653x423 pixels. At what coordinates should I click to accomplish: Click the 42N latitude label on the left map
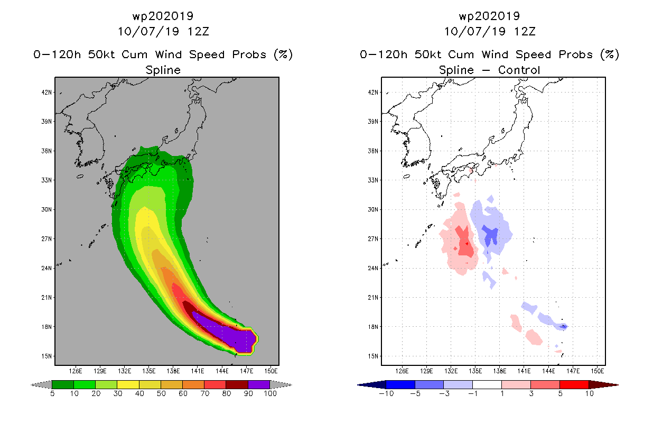click(x=46, y=93)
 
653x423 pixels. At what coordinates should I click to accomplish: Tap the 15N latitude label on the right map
click(x=373, y=356)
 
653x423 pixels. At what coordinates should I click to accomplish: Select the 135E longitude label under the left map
click(x=148, y=371)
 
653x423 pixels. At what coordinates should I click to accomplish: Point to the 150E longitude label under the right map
click(x=598, y=371)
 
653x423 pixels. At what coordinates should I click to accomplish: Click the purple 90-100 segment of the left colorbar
click(x=259, y=384)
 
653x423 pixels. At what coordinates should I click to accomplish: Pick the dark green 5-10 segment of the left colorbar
click(x=63, y=384)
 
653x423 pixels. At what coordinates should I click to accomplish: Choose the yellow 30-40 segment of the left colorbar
click(x=128, y=384)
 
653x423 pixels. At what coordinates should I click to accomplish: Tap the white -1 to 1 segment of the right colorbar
click(x=487, y=384)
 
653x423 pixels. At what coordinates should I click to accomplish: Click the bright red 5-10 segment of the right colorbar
click(x=574, y=384)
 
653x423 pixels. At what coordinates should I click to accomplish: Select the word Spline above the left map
click(x=163, y=70)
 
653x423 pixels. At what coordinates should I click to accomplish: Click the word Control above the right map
click(x=519, y=70)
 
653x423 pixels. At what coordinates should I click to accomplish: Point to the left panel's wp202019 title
click(x=163, y=16)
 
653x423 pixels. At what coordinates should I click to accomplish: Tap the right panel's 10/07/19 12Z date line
click(x=490, y=31)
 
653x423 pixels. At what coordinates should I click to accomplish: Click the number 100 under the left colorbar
click(x=270, y=393)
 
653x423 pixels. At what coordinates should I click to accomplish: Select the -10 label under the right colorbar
click(x=386, y=393)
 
